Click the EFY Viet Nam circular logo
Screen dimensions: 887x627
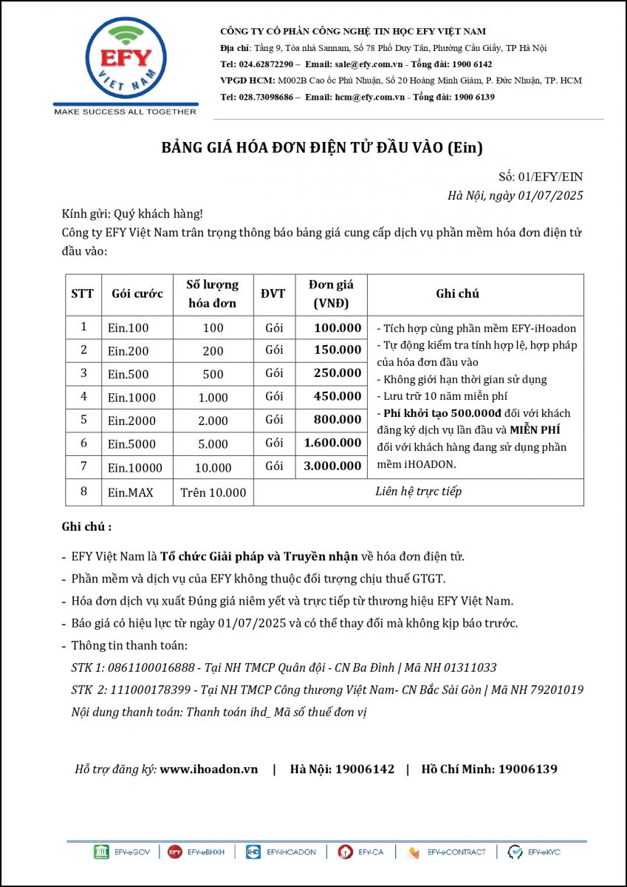point(126,61)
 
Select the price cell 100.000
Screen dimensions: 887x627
point(338,328)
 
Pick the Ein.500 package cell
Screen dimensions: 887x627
point(129,374)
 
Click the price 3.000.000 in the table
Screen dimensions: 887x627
point(332,466)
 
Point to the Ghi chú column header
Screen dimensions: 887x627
point(457,293)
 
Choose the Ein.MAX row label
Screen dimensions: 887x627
point(131,492)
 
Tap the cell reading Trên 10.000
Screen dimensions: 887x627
point(213,492)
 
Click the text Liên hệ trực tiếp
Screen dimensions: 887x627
point(419,492)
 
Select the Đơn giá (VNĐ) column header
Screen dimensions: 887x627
point(331,293)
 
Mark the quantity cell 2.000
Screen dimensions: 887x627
point(213,421)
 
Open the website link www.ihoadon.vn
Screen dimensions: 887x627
point(209,769)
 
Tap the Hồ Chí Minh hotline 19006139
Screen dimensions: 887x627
point(527,769)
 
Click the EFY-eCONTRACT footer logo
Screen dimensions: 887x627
point(447,852)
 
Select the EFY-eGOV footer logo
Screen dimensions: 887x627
point(122,852)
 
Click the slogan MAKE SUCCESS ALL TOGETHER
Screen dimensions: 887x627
point(126,112)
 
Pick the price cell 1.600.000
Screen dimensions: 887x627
point(332,443)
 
